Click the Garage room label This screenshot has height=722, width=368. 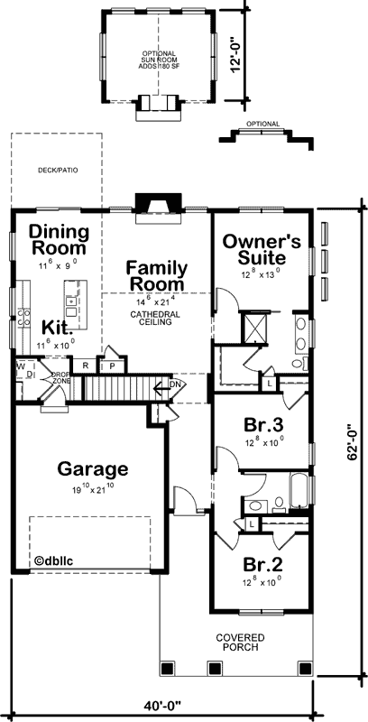93,469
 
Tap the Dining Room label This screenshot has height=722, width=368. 58,240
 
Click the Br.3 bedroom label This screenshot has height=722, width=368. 262,426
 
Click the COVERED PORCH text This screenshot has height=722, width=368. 240,642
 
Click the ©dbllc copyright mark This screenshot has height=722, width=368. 56,560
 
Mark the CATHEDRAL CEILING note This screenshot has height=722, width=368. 156,319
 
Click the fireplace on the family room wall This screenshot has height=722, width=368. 149,206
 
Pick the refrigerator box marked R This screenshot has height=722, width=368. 86,366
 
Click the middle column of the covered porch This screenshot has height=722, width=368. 215,668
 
